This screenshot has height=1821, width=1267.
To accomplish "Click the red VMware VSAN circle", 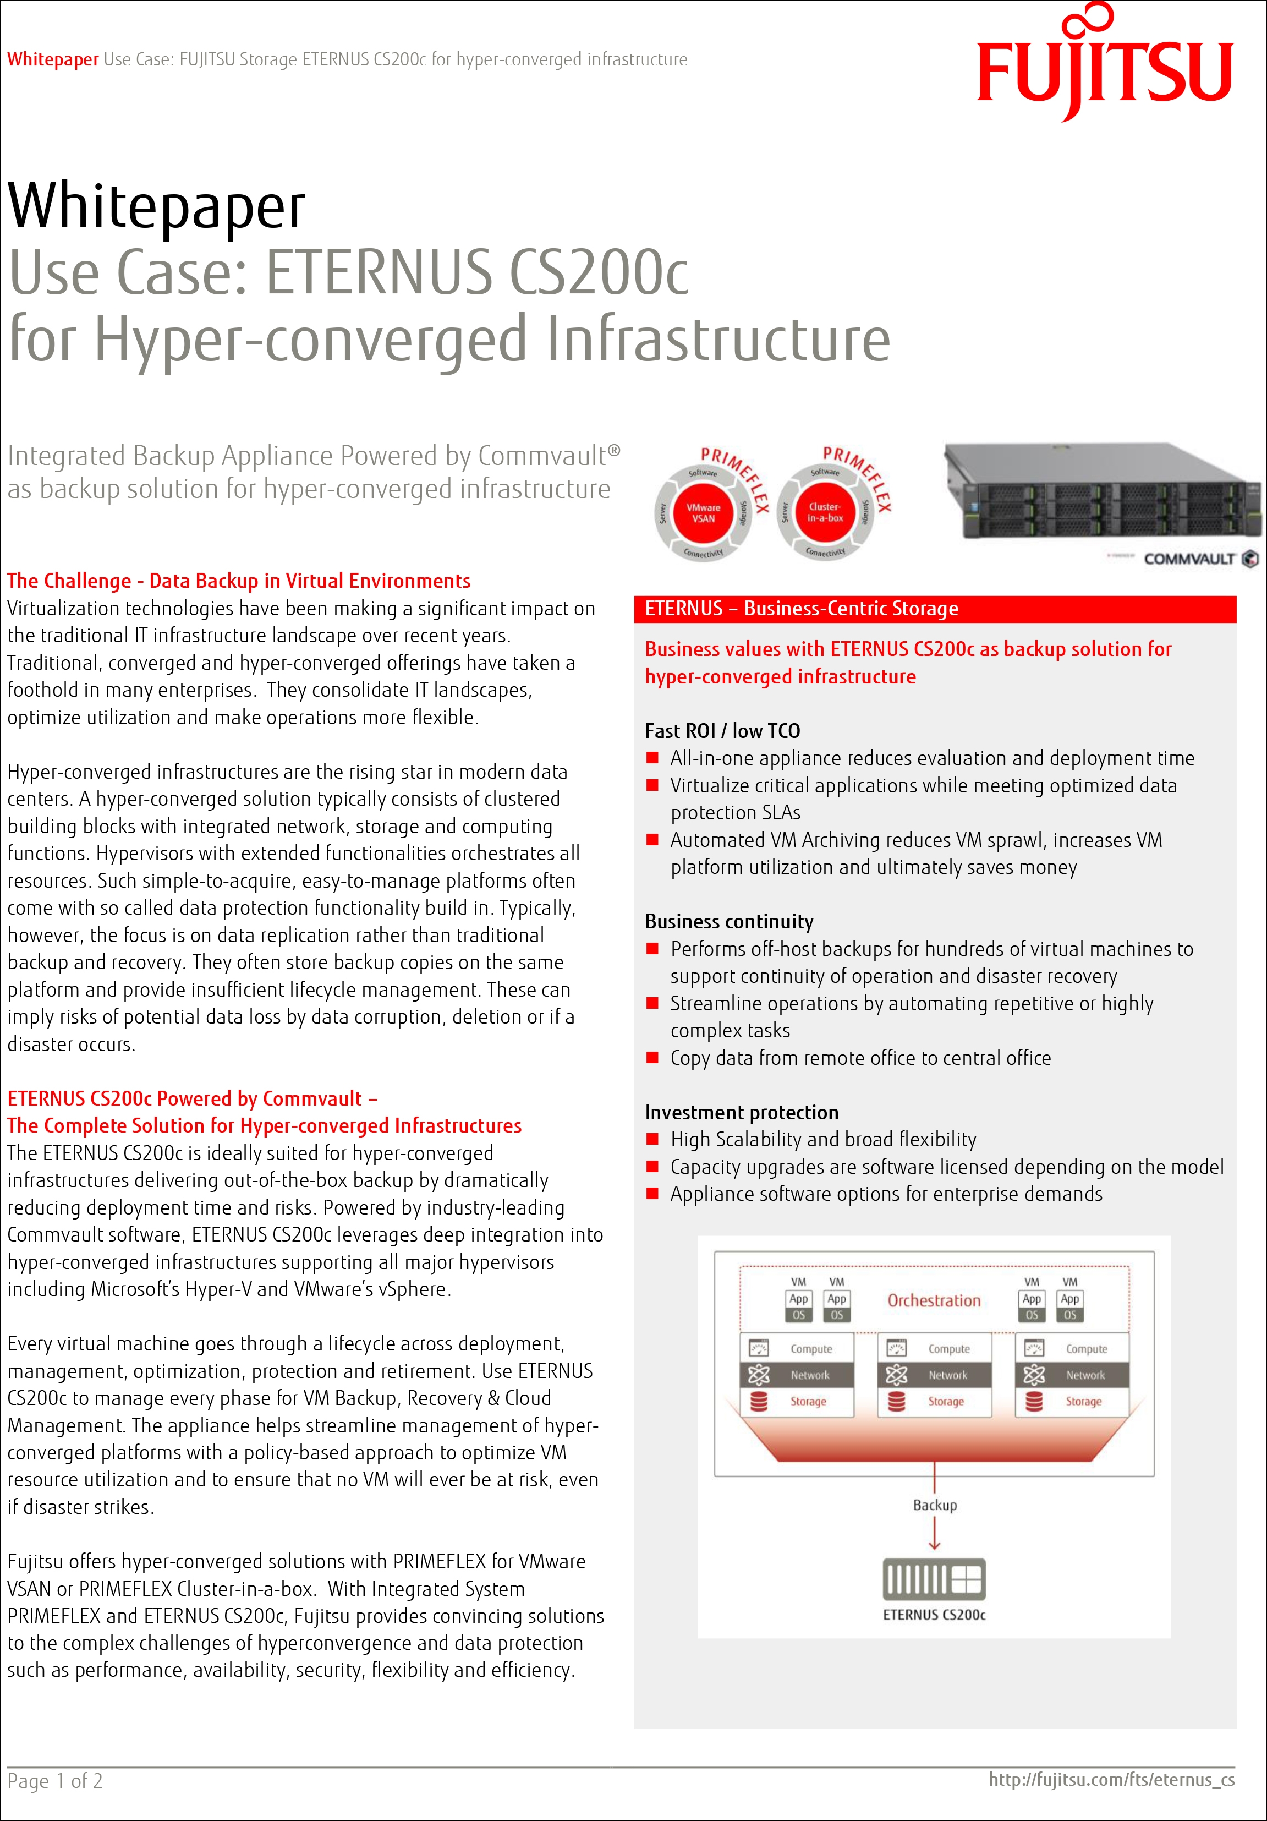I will coord(703,512).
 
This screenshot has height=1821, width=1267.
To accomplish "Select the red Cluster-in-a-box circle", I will coord(825,512).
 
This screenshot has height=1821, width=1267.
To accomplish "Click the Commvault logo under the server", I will coord(1199,559).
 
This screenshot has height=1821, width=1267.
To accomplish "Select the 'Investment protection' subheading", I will coord(742,1112).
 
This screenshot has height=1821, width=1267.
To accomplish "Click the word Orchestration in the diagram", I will coord(934,1300).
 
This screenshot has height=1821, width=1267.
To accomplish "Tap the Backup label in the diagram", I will coord(935,1505).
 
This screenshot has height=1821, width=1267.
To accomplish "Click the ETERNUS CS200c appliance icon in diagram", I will coord(934,1578).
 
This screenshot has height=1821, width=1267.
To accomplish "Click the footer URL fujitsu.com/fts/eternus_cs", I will coord(1111,1779).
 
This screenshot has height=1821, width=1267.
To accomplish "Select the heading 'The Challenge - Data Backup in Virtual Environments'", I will coord(239,581).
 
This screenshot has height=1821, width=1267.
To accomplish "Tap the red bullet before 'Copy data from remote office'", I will coord(652,1057).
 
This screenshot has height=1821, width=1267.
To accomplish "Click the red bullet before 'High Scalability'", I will coord(652,1139).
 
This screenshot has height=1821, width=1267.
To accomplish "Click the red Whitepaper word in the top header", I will coord(52,59).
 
